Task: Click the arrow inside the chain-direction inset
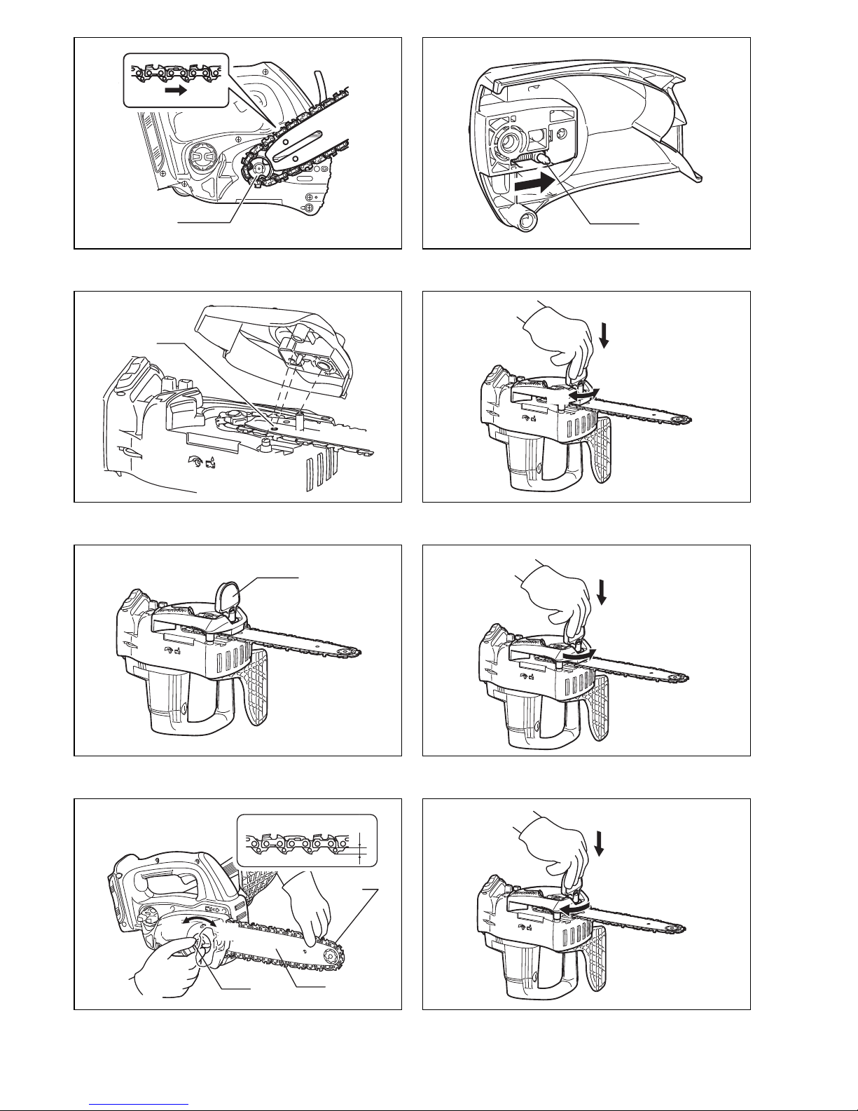point(177,90)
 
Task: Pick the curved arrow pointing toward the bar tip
point(581,654)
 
